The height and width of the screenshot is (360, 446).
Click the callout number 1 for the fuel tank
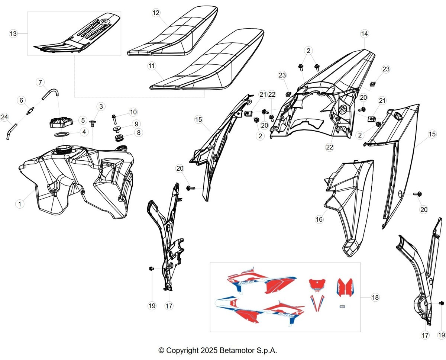pos(20,204)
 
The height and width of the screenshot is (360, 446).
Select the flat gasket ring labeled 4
pos(62,134)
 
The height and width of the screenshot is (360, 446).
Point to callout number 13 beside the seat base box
pos(13,33)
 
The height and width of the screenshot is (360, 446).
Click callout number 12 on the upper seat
pos(156,13)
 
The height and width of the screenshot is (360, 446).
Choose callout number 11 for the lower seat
pos(152,66)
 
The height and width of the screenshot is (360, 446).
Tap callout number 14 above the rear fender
pos(365,33)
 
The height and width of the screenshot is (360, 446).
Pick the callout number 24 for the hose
pos(4,117)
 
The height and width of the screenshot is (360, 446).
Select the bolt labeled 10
pos(114,119)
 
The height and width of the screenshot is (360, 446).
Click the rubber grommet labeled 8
pos(119,138)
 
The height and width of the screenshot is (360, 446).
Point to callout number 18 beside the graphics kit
pos(375,298)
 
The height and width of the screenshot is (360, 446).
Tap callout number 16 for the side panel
pos(319,219)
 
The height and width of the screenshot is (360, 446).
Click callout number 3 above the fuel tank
pos(101,106)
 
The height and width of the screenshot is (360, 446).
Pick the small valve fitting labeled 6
pos(30,111)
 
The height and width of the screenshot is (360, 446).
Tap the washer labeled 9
pos(117,129)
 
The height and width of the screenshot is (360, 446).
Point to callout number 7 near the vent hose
pos(40,82)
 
